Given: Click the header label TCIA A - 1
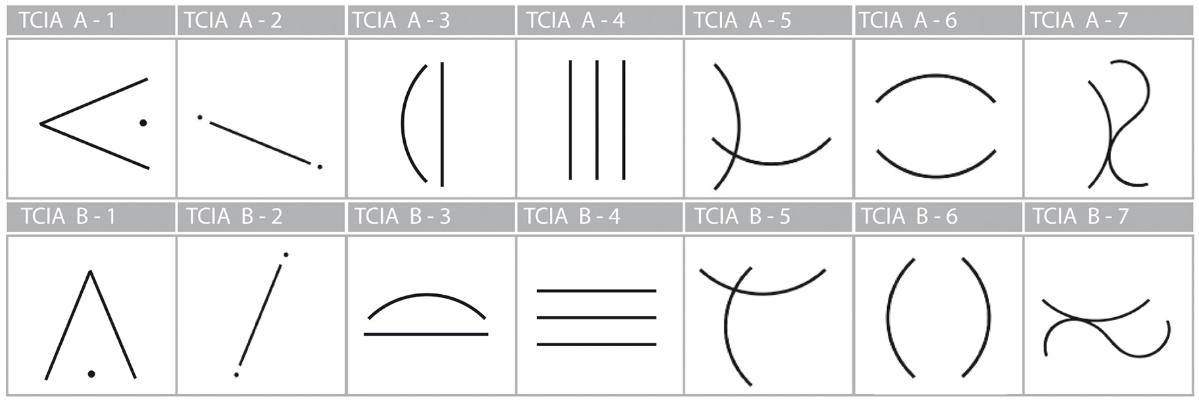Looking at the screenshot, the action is pyautogui.click(x=67, y=21).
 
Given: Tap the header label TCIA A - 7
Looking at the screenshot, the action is pyautogui.click(x=1079, y=21).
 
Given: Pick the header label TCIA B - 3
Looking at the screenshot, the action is pyautogui.click(x=402, y=216).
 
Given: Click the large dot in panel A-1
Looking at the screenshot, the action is pyautogui.click(x=143, y=122).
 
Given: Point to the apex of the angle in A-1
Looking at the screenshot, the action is pyautogui.click(x=41, y=124).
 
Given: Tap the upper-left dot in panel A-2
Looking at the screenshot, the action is pyautogui.click(x=200, y=117).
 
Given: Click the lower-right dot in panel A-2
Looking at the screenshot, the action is pyautogui.click(x=320, y=167).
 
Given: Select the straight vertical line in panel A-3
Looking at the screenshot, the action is pyautogui.click(x=442, y=124).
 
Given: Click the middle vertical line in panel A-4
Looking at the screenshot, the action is pyautogui.click(x=597, y=120).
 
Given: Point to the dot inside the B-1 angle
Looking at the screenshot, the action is pyautogui.click(x=91, y=374).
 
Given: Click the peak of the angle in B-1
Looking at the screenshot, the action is pyautogui.click(x=90, y=272).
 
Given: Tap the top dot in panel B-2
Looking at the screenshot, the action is pyautogui.click(x=285, y=255).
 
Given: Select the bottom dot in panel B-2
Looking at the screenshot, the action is pyautogui.click(x=236, y=374).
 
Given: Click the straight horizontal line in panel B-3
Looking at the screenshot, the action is pyautogui.click(x=426, y=334).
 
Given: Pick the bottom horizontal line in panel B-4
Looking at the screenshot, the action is pyautogui.click(x=596, y=344).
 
